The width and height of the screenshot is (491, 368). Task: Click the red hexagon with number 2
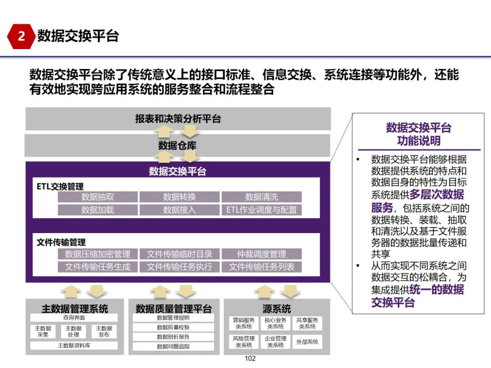pos(21,36)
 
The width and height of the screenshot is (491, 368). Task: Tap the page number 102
pos(250,358)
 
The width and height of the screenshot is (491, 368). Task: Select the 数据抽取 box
pos(98,197)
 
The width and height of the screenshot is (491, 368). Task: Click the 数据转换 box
pos(180,197)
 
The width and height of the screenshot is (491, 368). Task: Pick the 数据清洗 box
pos(261,197)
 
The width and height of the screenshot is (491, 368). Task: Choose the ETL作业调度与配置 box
pos(261,209)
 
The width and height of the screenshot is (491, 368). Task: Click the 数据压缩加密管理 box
pos(98,254)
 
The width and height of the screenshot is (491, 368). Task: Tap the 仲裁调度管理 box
pos(261,254)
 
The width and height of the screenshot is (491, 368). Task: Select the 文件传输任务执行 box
pos(180,267)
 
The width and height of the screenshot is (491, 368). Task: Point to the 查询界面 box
pos(74,318)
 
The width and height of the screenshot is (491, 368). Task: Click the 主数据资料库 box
pos(74,345)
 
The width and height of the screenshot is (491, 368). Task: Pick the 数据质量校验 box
pos(173,327)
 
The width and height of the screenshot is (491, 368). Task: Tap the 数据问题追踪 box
pos(173,346)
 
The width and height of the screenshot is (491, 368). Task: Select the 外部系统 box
pos(307,342)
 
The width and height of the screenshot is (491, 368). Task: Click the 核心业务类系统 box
pos(276,323)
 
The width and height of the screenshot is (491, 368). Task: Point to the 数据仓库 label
pos(177,145)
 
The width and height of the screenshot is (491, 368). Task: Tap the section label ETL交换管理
pos(60,186)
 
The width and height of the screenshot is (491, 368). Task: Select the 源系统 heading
pos(276,309)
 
